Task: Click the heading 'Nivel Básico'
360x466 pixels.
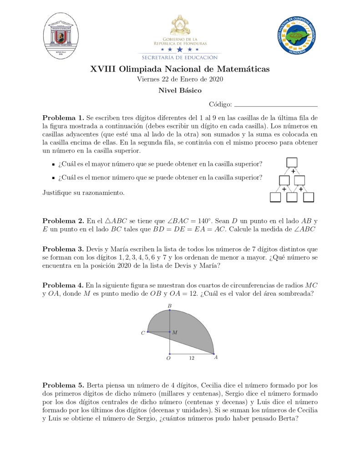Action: click(180, 90)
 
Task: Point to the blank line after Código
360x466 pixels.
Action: click(275, 105)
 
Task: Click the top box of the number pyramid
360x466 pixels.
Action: click(292, 162)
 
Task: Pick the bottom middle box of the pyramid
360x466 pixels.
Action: click(292, 197)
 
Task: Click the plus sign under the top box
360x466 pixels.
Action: click(293, 171)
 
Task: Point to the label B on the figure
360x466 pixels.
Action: click(169, 306)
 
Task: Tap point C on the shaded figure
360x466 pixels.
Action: click(148, 332)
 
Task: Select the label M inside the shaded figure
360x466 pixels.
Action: click(175, 333)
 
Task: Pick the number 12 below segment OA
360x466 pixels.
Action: click(192, 358)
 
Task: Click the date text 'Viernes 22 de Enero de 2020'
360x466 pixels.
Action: click(180, 79)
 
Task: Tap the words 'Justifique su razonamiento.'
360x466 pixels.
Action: click(83, 193)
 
